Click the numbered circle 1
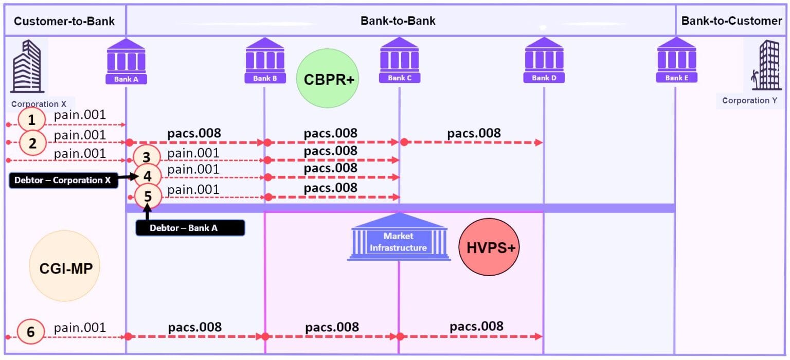[x=32, y=120]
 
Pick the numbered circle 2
[x=33, y=143]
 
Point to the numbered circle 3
[x=147, y=157]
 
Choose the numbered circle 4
[x=148, y=176]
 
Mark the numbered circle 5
[x=148, y=196]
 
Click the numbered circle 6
[x=31, y=332]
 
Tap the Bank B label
[x=265, y=79]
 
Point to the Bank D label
[x=544, y=78]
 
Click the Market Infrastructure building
[x=399, y=237]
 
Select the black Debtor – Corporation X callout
[x=62, y=180]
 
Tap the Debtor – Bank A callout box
[x=190, y=228]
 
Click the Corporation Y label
[x=749, y=100]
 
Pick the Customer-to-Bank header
[x=64, y=21]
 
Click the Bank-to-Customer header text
[x=731, y=21]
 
